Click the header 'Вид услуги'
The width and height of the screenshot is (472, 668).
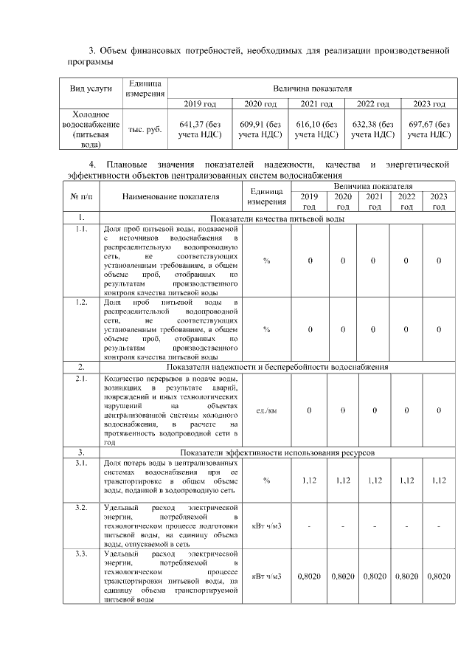(x=91, y=89)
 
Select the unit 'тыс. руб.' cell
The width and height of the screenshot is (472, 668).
(x=145, y=130)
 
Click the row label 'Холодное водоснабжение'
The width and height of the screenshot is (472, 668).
(x=91, y=130)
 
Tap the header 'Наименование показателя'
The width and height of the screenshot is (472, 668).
(x=171, y=197)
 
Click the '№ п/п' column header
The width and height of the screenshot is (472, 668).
(x=80, y=197)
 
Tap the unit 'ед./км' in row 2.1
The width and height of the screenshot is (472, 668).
(x=266, y=410)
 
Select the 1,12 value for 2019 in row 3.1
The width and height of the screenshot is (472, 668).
(x=310, y=481)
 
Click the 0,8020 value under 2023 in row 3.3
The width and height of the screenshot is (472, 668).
(x=438, y=576)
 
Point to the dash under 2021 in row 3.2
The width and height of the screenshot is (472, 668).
(x=375, y=526)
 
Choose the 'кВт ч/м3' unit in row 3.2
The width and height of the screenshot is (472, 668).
(x=266, y=526)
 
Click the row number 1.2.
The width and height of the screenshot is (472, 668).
(x=80, y=303)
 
